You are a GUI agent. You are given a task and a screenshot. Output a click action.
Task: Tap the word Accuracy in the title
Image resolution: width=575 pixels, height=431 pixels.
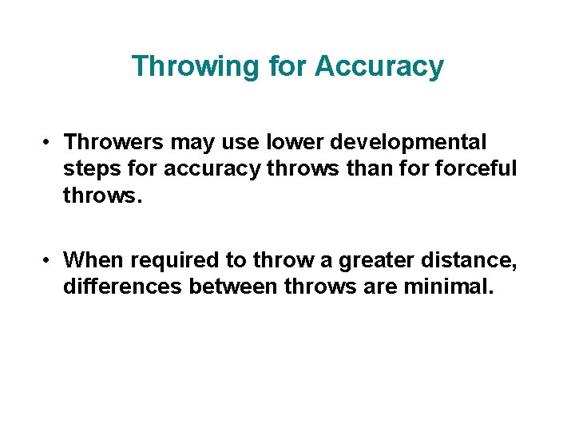coord(379,66)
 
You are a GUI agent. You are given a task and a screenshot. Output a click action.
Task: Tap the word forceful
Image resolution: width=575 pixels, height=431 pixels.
coord(477,169)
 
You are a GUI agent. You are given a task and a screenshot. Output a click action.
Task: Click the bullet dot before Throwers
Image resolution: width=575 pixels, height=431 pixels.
coord(49,143)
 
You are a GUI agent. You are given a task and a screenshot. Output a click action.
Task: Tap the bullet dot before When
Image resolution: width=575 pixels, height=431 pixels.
coord(49,261)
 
